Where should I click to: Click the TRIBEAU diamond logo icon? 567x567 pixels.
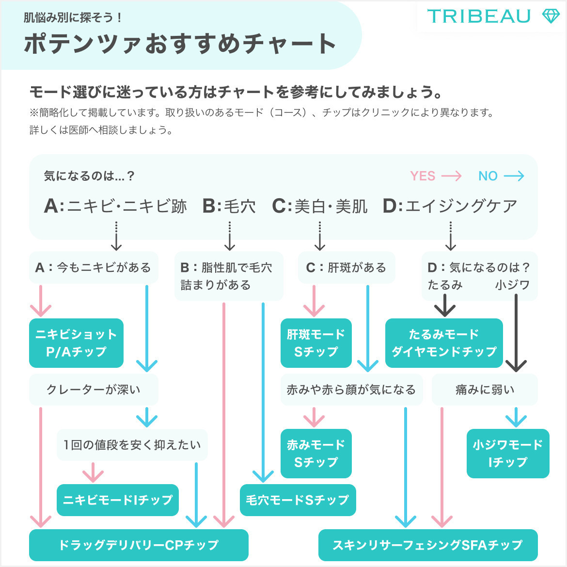tap(550, 16)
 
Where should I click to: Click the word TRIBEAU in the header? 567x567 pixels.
tap(478, 16)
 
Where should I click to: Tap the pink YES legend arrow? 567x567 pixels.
tap(451, 176)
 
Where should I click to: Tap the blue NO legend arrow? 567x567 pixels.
tap(514, 176)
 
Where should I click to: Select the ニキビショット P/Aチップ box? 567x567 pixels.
tap(76, 343)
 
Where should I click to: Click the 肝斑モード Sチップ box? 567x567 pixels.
tap(315, 343)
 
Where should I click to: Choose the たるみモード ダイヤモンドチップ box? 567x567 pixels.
tap(444, 343)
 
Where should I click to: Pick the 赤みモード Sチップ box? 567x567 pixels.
tap(315, 453)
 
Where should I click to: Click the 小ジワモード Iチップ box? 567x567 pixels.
tap(507, 453)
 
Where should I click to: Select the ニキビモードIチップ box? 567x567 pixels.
tap(118, 500)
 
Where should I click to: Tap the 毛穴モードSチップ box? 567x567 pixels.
tap(298, 500)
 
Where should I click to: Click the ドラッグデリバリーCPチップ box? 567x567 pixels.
tap(139, 545)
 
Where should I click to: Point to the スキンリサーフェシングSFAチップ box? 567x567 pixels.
tap(427, 545)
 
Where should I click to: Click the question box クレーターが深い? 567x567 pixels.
tap(94, 390)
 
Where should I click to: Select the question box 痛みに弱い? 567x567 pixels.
tap(485, 390)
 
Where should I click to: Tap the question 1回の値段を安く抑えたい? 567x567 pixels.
tap(132, 445)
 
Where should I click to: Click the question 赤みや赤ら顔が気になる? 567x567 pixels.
tap(351, 390)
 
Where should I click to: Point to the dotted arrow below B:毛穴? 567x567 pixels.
tap(230, 236)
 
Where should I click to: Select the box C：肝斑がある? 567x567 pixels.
tap(346, 268)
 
